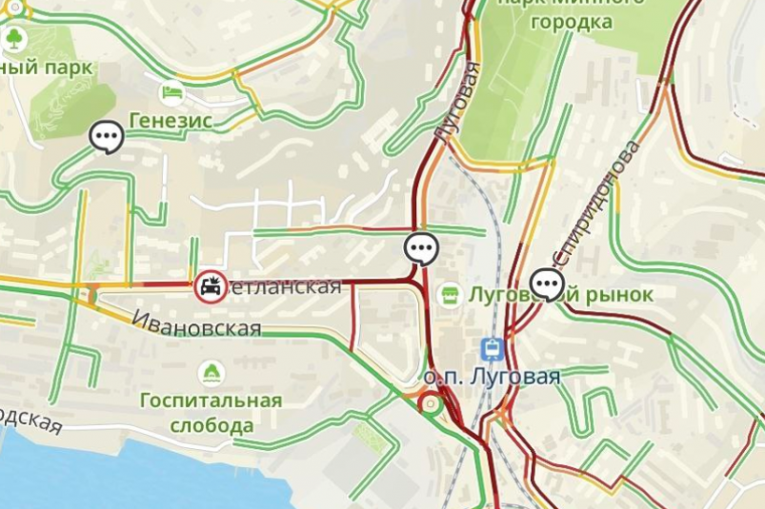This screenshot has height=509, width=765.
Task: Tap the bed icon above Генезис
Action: pos(172,92)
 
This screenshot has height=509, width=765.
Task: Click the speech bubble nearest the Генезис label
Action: pos(107,137)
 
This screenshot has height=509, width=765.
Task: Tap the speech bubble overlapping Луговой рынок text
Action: pos(547,284)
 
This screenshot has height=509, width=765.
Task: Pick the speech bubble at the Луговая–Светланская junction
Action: pos(420,248)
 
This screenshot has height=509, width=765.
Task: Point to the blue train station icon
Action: pos(493,348)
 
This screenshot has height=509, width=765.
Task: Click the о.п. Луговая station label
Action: pos(491,378)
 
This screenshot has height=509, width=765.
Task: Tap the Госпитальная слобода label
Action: pos(211,412)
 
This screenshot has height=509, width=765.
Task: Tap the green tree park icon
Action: pos(14,39)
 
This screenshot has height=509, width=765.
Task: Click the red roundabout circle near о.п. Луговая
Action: pos(430,405)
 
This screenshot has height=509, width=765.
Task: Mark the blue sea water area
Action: pos(114,476)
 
